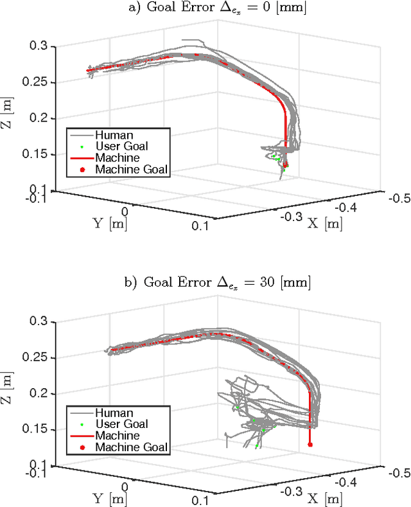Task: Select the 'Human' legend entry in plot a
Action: [114, 135]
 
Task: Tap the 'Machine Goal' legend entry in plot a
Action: [131, 170]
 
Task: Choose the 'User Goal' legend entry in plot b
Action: [121, 423]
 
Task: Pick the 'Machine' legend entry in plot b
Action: [117, 435]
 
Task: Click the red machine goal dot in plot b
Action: [310, 444]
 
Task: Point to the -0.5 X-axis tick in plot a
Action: [399, 198]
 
